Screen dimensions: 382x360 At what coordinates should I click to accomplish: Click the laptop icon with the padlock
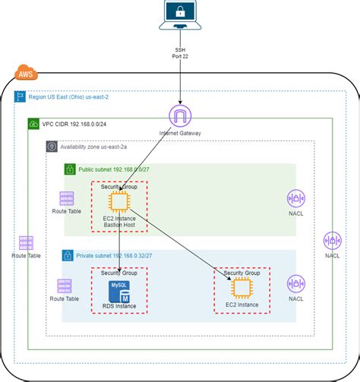[181, 14]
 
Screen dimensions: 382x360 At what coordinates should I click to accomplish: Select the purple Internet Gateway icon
[181, 116]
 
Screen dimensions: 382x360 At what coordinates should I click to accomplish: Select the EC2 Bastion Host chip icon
[119, 202]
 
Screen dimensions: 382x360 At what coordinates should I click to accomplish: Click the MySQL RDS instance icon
[120, 291]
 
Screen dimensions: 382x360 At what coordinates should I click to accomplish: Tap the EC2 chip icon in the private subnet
[242, 288]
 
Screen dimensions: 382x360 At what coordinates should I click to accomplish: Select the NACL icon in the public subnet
[295, 199]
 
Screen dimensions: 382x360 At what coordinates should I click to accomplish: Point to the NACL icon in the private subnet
[295, 285]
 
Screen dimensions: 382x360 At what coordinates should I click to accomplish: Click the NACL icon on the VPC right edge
[333, 242]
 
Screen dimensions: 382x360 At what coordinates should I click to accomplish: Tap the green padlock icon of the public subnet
[68, 169]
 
